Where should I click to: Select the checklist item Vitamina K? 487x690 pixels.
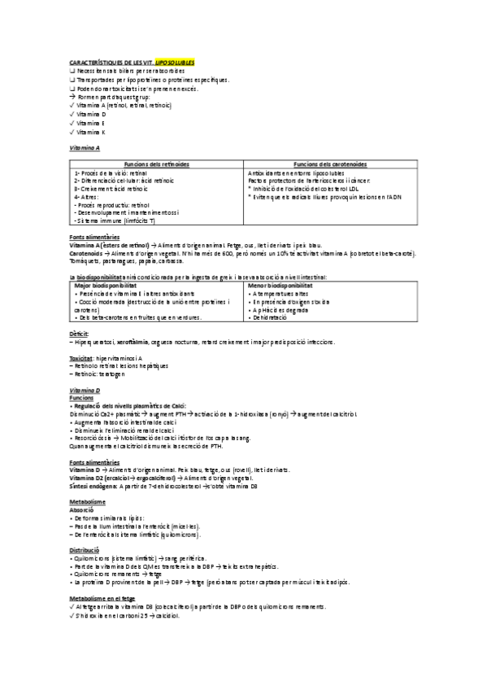[x=93, y=131]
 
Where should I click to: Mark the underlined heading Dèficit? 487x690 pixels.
[x=80, y=334]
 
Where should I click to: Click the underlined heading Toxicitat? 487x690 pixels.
[x=82, y=357]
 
